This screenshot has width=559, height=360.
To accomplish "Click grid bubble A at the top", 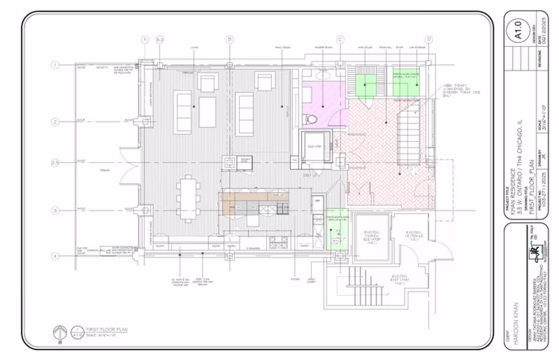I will [x=145, y=39].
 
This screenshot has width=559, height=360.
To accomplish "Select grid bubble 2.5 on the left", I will [x=55, y=162].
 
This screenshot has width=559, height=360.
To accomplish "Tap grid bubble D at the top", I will [x=429, y=39].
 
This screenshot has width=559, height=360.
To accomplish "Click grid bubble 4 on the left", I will [x=55, y=256].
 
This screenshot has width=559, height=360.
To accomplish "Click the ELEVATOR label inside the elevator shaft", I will [x=316, y=146].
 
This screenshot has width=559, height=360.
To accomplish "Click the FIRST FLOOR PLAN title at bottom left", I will [x=106, y=330].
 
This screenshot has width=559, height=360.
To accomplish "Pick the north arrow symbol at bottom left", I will [x=60, y=333].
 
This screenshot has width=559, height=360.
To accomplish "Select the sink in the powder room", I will [x=323, y=75].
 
